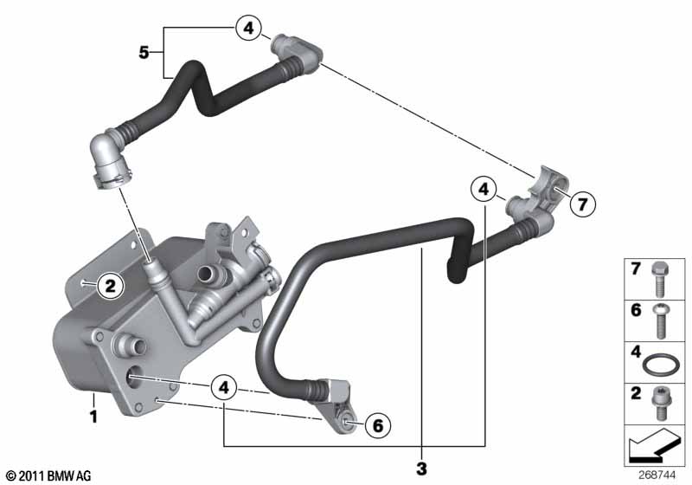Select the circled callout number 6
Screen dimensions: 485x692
[x=376, y=424]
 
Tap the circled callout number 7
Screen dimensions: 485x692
[x=582, y=204]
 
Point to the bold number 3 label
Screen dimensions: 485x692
[x=422, y=469]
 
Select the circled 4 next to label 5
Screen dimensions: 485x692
[x=248, y=29]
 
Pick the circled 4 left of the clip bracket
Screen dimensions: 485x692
[x=484, y=187]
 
